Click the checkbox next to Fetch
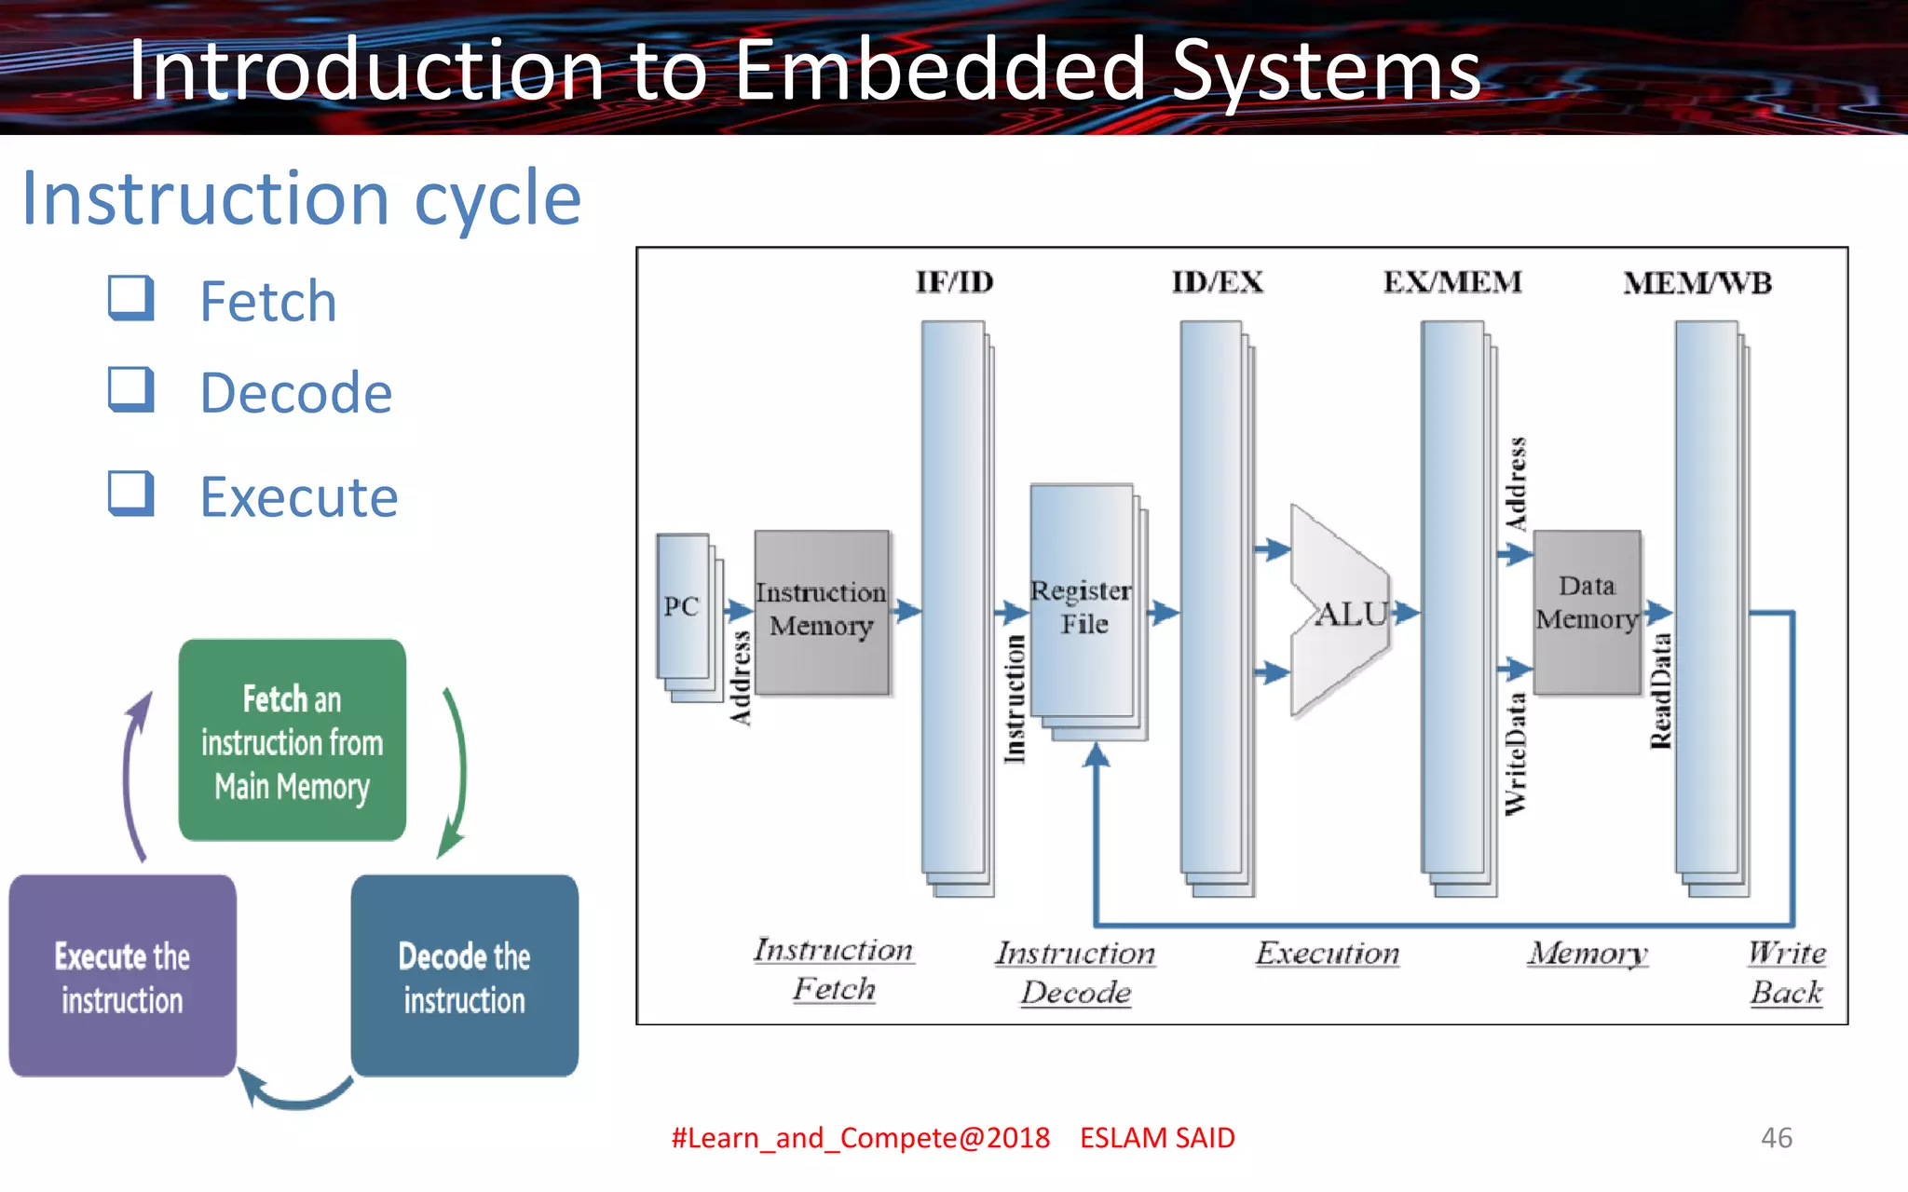point(130,298)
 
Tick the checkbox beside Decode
point(130,389)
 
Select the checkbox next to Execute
point(130,494)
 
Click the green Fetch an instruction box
point(292,741)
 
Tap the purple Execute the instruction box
point(122,976)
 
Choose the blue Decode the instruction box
point(464,976)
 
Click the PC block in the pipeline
point(682,606)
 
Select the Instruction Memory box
point(821,611)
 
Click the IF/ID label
point(954,282)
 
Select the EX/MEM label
point(1451,282)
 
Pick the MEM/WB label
point(1697,283)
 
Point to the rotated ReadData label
point(1660,691)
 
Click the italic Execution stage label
point(1327,954)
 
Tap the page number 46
point(1776,1137)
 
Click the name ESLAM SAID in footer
point(1157,1137)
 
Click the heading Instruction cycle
point(302,198)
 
